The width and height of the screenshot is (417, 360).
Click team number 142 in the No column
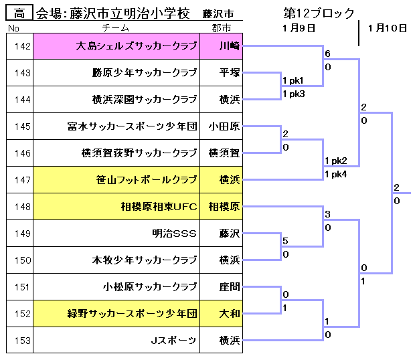tap(22, 46)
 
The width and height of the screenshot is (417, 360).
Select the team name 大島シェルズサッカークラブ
tap(137, 46)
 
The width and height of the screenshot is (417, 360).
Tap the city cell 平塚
tap(230, 72)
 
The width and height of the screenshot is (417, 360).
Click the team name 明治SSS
tap(174, 234)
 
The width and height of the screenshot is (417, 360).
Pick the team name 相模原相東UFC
tap(159, 207)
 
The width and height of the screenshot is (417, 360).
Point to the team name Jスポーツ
tap(173, 341)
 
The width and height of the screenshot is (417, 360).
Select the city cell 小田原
tap(224, 126)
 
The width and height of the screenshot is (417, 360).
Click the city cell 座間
tap(230, 287)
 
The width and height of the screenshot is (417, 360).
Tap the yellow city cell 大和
tap(230, 314)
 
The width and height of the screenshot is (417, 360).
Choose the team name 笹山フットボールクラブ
tap(147, 180)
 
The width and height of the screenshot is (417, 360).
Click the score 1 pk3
tap(294, 94)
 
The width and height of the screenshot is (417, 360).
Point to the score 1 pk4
tap(336, 174)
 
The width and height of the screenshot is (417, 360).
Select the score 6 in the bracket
tap(328, 54)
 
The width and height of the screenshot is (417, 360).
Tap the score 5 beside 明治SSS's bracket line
tap(285, 241)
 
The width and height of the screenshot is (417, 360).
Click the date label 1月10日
tap(388, 28)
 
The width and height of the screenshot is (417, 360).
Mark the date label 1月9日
tap(299, 28)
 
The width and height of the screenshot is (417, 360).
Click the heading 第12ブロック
tap(319, 13)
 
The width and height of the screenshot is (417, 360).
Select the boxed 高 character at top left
tap(19, 13)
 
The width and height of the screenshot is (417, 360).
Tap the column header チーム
tap(116, 27)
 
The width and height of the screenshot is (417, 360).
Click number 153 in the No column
tap(22, 341)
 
